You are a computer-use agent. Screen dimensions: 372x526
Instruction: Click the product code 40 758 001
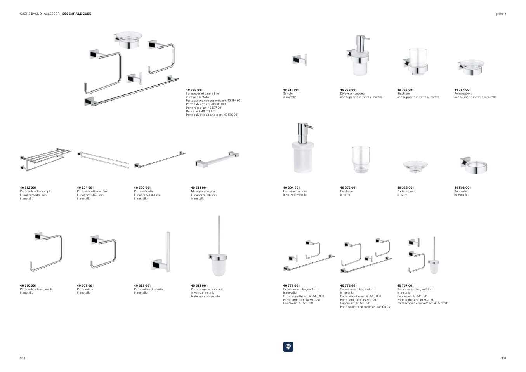tap(194, 90)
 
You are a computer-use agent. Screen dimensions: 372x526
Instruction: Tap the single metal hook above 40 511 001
tap(300, 60)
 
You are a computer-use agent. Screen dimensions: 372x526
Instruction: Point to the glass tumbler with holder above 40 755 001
tap(416, 61)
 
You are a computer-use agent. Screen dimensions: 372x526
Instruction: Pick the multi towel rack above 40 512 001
tap(45, 158)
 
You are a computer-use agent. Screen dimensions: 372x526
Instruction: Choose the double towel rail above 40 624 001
tap(103, 159)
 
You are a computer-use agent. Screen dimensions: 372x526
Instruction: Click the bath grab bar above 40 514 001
tap(217, 158)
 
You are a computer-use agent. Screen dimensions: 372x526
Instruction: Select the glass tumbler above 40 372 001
tap(360, 159)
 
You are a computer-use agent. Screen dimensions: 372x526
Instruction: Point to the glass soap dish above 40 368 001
tap(415, 166)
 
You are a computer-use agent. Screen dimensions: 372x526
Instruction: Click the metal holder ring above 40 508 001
tap(473, 165)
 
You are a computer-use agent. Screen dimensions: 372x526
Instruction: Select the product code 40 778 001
tap(348, 285)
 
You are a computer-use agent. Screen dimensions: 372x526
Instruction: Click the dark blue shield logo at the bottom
tap(288, 347)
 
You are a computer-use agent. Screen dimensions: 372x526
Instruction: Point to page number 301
tap(503, 358)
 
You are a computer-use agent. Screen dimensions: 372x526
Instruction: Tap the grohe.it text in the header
tap(501, 14)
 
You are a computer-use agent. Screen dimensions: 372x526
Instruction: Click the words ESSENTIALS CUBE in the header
tap(77, 14)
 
